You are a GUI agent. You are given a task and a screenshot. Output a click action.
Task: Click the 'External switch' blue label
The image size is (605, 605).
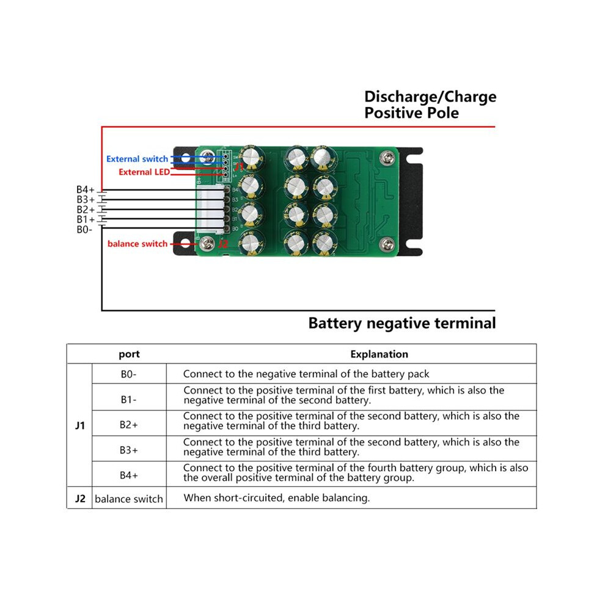point(137,159)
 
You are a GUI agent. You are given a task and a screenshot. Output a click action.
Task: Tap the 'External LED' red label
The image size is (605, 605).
point(144,172)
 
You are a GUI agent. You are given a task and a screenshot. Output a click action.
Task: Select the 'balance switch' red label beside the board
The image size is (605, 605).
point(137,244)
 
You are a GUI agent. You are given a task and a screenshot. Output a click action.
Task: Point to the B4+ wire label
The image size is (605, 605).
point(86,189)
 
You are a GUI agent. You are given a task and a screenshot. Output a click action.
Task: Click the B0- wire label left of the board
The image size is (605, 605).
point(84,230)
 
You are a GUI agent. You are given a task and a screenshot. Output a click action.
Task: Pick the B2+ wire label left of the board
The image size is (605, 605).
point(86,210)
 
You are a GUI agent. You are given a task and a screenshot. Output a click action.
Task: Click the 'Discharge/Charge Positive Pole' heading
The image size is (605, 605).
point(430,105)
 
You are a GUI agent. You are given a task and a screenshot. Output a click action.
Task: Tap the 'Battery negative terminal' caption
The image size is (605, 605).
point(402,323)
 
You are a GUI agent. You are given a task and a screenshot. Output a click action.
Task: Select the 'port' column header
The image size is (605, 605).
point(130,354)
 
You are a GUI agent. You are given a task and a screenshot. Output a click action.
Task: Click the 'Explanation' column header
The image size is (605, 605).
point(380,354)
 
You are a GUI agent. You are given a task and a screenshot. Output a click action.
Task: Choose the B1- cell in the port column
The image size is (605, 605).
point(128,399)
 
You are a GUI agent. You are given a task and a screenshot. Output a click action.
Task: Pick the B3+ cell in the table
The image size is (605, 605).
point(128,450)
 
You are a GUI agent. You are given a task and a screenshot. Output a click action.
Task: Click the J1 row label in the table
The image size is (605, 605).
point(80,425)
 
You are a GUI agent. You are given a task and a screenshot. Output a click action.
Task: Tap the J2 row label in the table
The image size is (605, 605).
point(80,499)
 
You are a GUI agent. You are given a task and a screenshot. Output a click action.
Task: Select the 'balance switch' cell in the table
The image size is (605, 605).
point(129,499)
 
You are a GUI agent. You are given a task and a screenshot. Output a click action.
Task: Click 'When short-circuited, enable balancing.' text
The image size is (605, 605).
point(277,497)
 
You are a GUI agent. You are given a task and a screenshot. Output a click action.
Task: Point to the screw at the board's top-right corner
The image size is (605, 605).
point(387,158)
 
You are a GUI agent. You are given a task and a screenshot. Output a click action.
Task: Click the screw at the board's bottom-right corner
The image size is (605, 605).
point(387,244)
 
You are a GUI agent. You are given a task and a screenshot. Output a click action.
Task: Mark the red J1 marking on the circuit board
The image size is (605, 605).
point(239,167)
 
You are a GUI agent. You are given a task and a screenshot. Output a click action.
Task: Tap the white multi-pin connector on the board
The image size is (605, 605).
point(211,210)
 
